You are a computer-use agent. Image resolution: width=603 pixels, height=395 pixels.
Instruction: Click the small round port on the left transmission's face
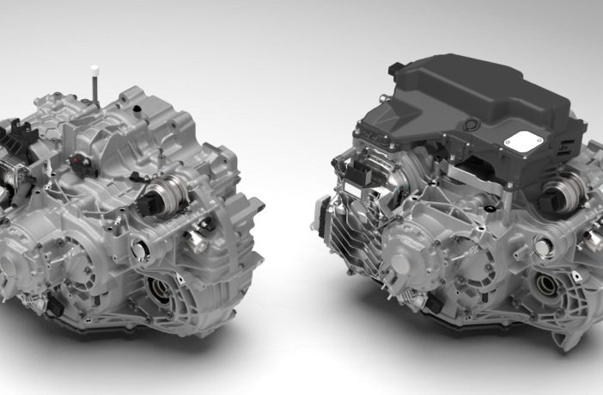[x=140, y=250]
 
